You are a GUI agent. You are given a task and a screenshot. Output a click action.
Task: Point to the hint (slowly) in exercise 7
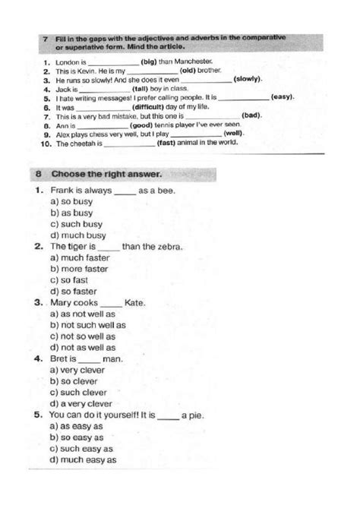tap(248, 79)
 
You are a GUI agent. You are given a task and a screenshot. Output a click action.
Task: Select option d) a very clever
tap(81, 403)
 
